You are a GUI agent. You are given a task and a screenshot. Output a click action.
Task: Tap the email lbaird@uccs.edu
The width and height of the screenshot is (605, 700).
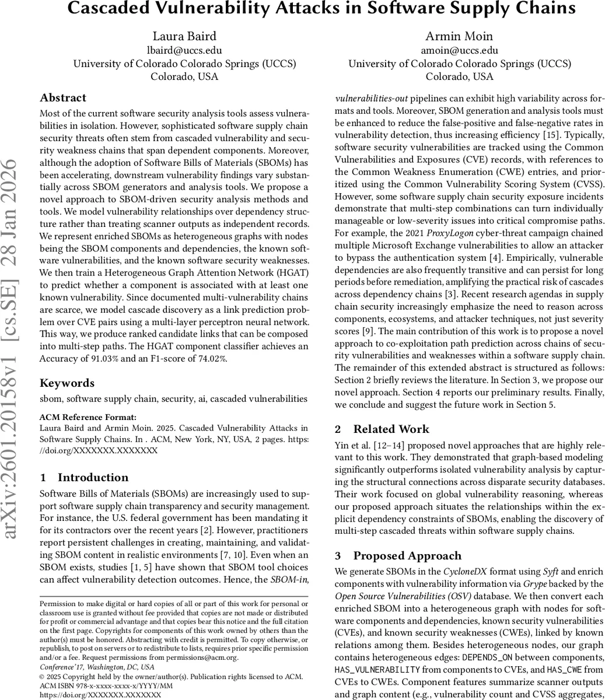[184, 50]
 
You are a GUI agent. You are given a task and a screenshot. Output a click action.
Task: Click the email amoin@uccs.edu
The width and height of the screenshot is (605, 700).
[459, 50]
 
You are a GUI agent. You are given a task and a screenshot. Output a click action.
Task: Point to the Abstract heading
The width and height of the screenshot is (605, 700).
[63, 97]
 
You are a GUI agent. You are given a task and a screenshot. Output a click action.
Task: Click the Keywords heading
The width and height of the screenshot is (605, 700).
[67, 383]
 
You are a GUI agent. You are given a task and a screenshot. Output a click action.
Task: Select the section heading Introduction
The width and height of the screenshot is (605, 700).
[92, 477]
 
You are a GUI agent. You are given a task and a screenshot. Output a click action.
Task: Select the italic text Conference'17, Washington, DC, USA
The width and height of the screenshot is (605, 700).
[96, 667]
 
